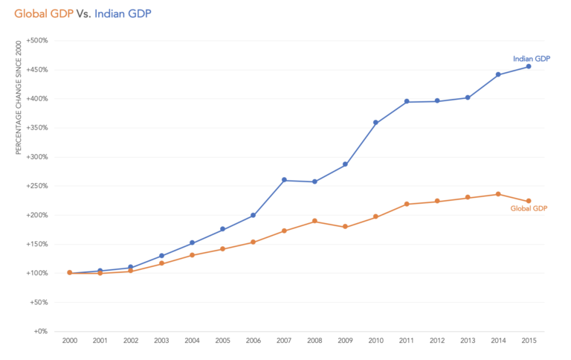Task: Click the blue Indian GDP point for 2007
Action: (x=284, y=180)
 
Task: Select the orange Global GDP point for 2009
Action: (x=345, y=227)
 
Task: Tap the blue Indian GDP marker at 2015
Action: (x=529, y=66)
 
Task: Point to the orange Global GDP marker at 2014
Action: (x=498, y=194)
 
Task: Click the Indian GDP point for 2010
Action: (x=375, y=123)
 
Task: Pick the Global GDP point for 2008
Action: (x=314, y=221)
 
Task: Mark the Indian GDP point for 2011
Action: (x=407, y=101)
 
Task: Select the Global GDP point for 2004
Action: (x=192, y=255)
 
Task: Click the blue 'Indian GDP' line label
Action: (x=532, y=58)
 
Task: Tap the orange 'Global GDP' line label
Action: (x=529, y=209)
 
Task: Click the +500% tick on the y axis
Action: (x=36, y=41)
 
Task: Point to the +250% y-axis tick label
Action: (x=36, y=186)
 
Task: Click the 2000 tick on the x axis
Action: (x=70, y=341)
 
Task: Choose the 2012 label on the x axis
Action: (x=437, y=341)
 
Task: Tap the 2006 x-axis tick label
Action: (x=254, y=341)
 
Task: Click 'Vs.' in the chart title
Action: (x=84, y=13)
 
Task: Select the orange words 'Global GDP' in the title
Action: (x=44, y=13)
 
